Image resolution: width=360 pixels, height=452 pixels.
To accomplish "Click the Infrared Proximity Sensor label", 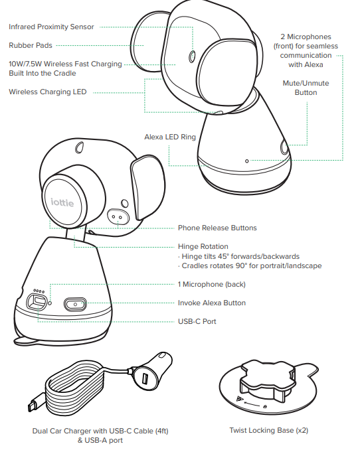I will (51, 27).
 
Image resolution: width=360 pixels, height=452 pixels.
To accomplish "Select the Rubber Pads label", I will (31, 46).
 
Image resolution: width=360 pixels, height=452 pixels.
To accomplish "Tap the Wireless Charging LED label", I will (48, 92).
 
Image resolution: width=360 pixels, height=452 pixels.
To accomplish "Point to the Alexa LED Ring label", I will (170, 137).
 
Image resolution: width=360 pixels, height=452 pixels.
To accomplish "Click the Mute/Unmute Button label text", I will (306, 88).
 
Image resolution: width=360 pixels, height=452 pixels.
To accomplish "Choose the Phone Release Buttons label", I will (217, 228).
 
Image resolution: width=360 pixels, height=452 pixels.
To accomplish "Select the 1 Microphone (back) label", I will (211, 284).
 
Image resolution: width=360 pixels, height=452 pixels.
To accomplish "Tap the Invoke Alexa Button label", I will (212, 303).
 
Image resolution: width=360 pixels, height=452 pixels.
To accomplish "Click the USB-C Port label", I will (197, 321).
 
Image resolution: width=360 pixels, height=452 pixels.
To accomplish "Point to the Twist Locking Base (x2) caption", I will (268, 430).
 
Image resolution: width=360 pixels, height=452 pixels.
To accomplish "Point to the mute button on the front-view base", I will (285, 147).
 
